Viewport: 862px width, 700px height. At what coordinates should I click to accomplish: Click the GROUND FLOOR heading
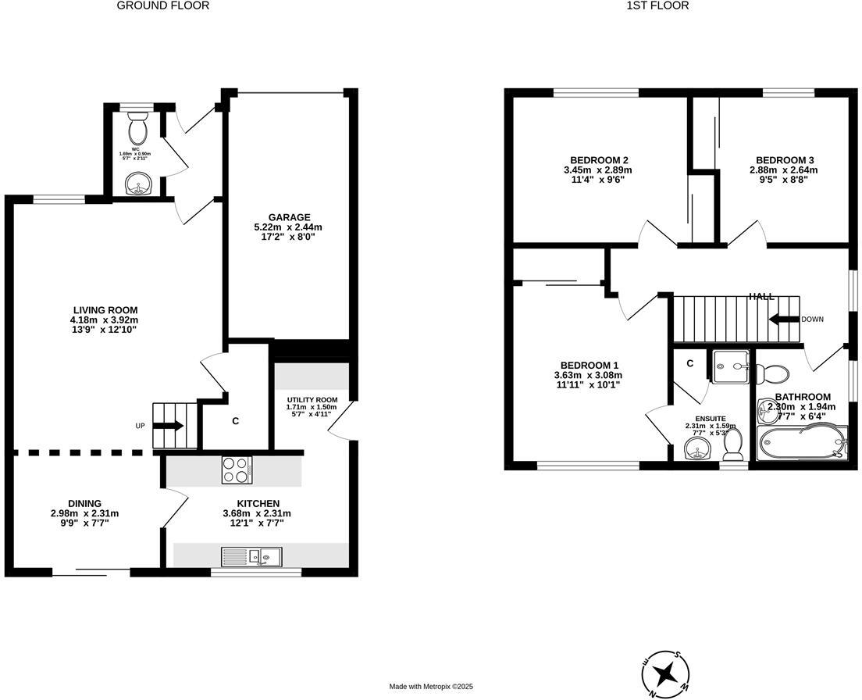tap(162, 5)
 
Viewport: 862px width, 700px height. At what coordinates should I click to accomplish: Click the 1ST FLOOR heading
tap(646, 5)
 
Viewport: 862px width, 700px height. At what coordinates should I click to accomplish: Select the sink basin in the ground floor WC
tap(139, 184)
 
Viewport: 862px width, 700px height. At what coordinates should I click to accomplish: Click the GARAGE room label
tap(288, 217)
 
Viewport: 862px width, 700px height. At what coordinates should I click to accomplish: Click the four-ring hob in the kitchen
tap(237, 470)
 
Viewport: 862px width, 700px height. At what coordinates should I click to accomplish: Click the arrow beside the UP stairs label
tap(169, 426)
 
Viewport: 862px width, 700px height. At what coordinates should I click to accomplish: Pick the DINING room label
tap(84, 503)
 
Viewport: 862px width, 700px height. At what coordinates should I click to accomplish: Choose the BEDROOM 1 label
tap(589, 365)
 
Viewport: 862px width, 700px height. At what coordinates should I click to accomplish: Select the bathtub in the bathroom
tap(802, 441)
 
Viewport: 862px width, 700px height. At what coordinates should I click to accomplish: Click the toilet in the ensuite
tap(732, 445)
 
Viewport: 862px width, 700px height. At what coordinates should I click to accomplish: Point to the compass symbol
tap(665, 673)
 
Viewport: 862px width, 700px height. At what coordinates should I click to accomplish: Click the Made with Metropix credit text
tap(431, 687)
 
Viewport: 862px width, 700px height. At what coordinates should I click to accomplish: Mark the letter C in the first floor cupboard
tap(690, 363)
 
